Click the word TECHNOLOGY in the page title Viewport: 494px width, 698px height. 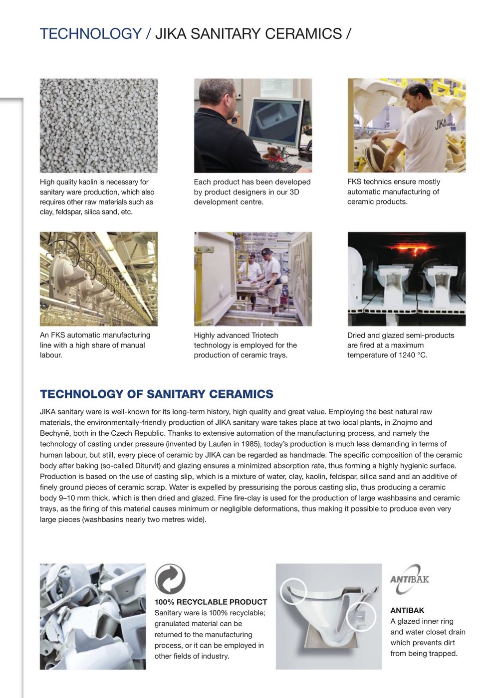click(x=90, y=34)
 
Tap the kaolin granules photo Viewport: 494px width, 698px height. click(x=99, y=126)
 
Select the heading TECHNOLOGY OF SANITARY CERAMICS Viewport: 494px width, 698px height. click(x=156, y=394)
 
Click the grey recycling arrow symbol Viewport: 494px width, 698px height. click(x=170, y=579)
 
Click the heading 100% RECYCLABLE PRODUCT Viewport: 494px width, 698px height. click(x=211, y=602)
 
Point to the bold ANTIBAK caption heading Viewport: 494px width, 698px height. click(x=407, y=610)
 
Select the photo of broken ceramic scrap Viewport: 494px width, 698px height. click(x=93, y=617)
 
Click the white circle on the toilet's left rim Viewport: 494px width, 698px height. click(x=293, y=591)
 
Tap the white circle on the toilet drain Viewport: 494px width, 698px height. click(x=360, y=617)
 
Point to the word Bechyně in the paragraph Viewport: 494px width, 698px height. click(x=55, y=433)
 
